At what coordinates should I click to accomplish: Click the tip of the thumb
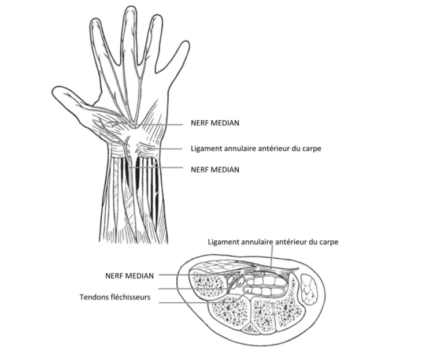point(53,92)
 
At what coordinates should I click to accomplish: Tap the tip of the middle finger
point(131,6)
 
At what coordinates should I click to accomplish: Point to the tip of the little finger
point(187,42)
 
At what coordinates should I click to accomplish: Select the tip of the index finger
point(95,18)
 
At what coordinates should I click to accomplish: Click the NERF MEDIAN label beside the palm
point(215,123)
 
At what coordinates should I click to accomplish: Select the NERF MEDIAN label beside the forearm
point(215,169)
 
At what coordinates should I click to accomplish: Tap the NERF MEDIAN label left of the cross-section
point(129,276)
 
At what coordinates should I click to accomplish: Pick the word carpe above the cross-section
point(329,243)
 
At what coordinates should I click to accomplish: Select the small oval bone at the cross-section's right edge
point(309,290)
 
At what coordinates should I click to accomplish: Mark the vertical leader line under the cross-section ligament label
point(272,257)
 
